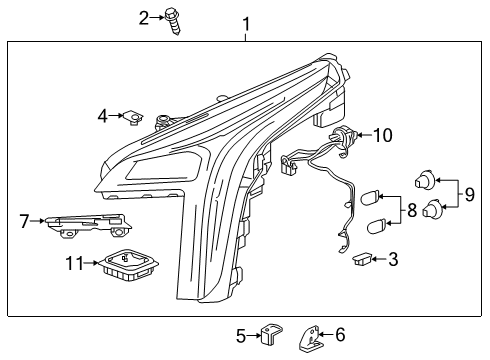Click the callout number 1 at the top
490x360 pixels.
pyautogui.click(x=246, y=23)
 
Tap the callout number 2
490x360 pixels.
pyautogui.click(x=144, y=17)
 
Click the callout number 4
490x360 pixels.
pyautogui.click(x=102, y=117)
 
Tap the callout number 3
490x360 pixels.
pyautogui.click(x=392, y=260)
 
